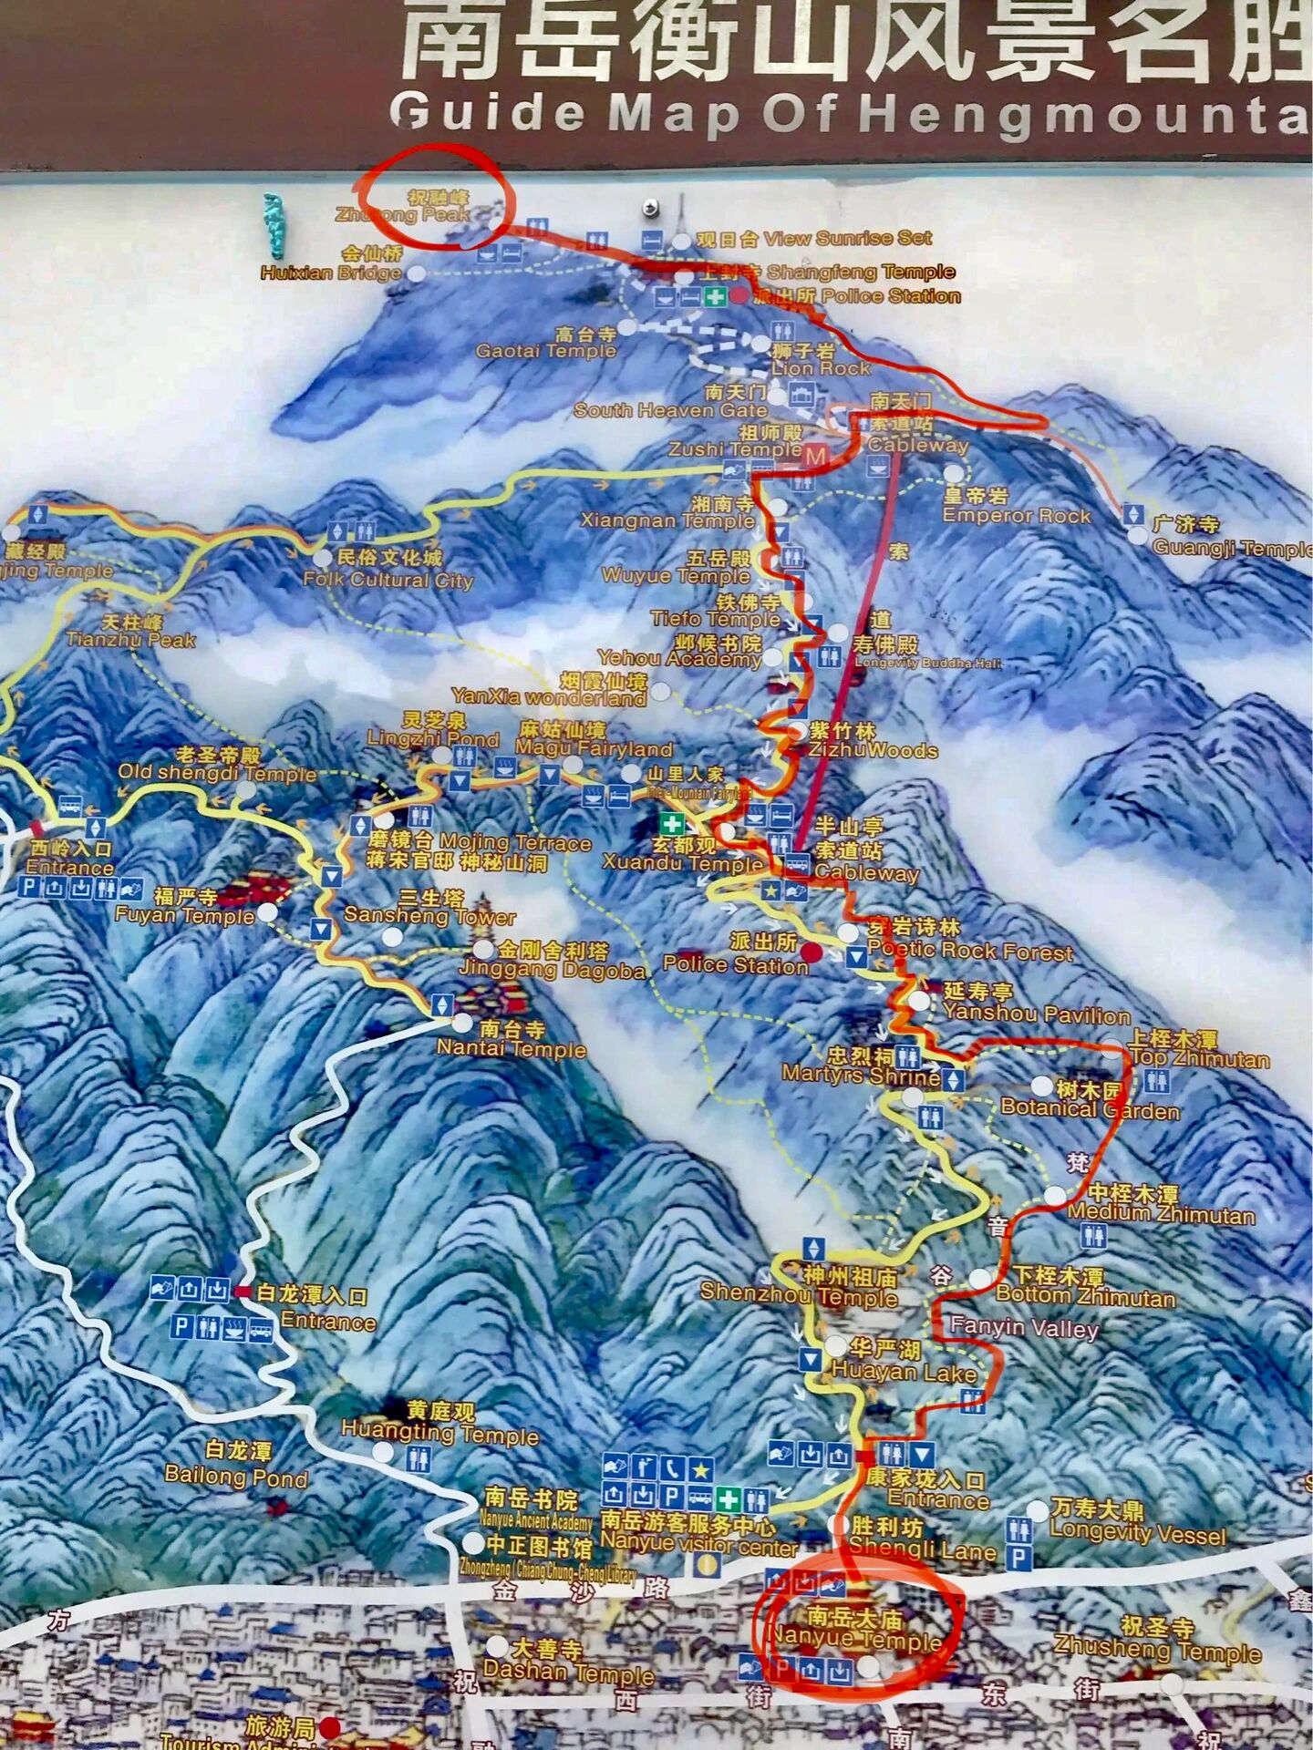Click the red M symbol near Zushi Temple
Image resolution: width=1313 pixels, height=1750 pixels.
pos(814,456)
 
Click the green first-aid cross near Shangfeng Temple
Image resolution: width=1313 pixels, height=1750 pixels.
pos(716,296)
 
